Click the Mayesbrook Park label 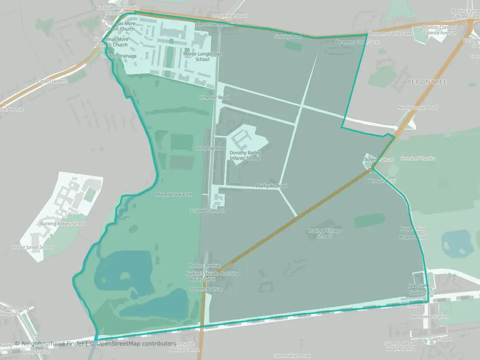174,194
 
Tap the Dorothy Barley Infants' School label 245,155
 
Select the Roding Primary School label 324,233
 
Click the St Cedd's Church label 207,211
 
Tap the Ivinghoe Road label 211,148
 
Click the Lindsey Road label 288,36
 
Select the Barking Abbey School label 63,224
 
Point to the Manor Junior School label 32,247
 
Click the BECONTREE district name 426,81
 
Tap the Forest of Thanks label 417,158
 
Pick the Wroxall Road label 382,181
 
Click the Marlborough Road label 417,107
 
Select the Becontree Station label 429,317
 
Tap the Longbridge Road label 229,16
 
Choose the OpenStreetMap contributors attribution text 136,343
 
